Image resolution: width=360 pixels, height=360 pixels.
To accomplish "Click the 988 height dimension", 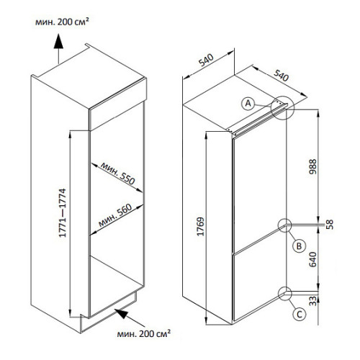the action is [313, 166].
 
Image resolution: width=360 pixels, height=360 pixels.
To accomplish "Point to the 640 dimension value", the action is [313, 259].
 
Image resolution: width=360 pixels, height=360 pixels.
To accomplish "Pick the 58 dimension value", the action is [330, 225].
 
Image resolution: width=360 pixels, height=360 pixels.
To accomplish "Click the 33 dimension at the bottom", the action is [313, 301].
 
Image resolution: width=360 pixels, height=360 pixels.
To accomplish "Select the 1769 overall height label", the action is [200, 227].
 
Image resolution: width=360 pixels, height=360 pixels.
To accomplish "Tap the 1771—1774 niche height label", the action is [63, 213].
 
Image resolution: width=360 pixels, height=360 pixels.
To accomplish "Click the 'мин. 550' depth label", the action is [118, 174].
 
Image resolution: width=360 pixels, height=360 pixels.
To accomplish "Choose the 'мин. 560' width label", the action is [115, 215].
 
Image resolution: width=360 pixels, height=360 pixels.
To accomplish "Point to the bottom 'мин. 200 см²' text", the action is [144, 333].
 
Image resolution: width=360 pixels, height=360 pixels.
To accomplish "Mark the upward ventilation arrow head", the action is [58, 41].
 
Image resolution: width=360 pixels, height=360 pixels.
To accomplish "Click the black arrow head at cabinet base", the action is [121, 313].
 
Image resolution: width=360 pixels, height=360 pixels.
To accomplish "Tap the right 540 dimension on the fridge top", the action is [281, 76].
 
